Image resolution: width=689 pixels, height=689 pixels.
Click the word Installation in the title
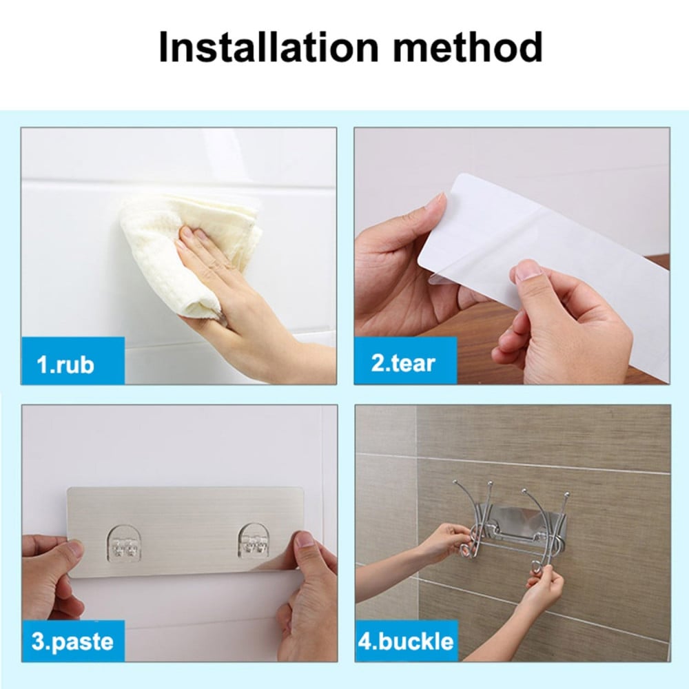pos(268,47)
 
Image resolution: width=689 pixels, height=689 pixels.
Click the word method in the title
pos(468,47)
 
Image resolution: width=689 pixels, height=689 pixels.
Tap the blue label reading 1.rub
pos(72,361)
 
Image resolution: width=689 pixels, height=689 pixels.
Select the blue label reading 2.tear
pos(406,361)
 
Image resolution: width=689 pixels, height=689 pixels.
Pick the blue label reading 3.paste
pos(73,641)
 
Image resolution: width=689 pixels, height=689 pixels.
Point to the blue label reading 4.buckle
pos(407,641)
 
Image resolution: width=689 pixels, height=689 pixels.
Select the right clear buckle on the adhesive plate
pos(254,544)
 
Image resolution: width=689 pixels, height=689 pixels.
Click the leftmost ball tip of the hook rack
pos(455,483)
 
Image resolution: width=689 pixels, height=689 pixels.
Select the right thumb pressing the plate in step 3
pos(301,545)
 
